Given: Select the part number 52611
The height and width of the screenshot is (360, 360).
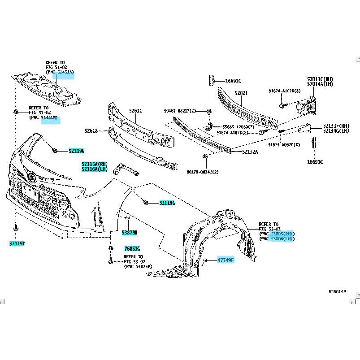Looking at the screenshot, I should click(x=136, y=110).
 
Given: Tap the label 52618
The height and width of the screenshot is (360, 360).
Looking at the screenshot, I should click(x=91, y=130).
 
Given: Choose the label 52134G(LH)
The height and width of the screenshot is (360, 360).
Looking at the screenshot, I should click(x=336, y=131).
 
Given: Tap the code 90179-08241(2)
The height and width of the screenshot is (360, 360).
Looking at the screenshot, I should click(x=203, y=172).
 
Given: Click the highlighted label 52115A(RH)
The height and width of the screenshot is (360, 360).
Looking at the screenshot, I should click(x=95, y=164).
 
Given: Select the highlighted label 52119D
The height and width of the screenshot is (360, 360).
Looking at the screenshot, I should click(x=17, y=243).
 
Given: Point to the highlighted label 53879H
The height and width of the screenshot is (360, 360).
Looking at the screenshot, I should click(x=130, y=232).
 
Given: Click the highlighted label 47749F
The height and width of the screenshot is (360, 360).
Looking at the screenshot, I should click(x=226, y=260).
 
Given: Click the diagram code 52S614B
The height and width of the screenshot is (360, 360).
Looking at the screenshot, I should click(x=338, y=291).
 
